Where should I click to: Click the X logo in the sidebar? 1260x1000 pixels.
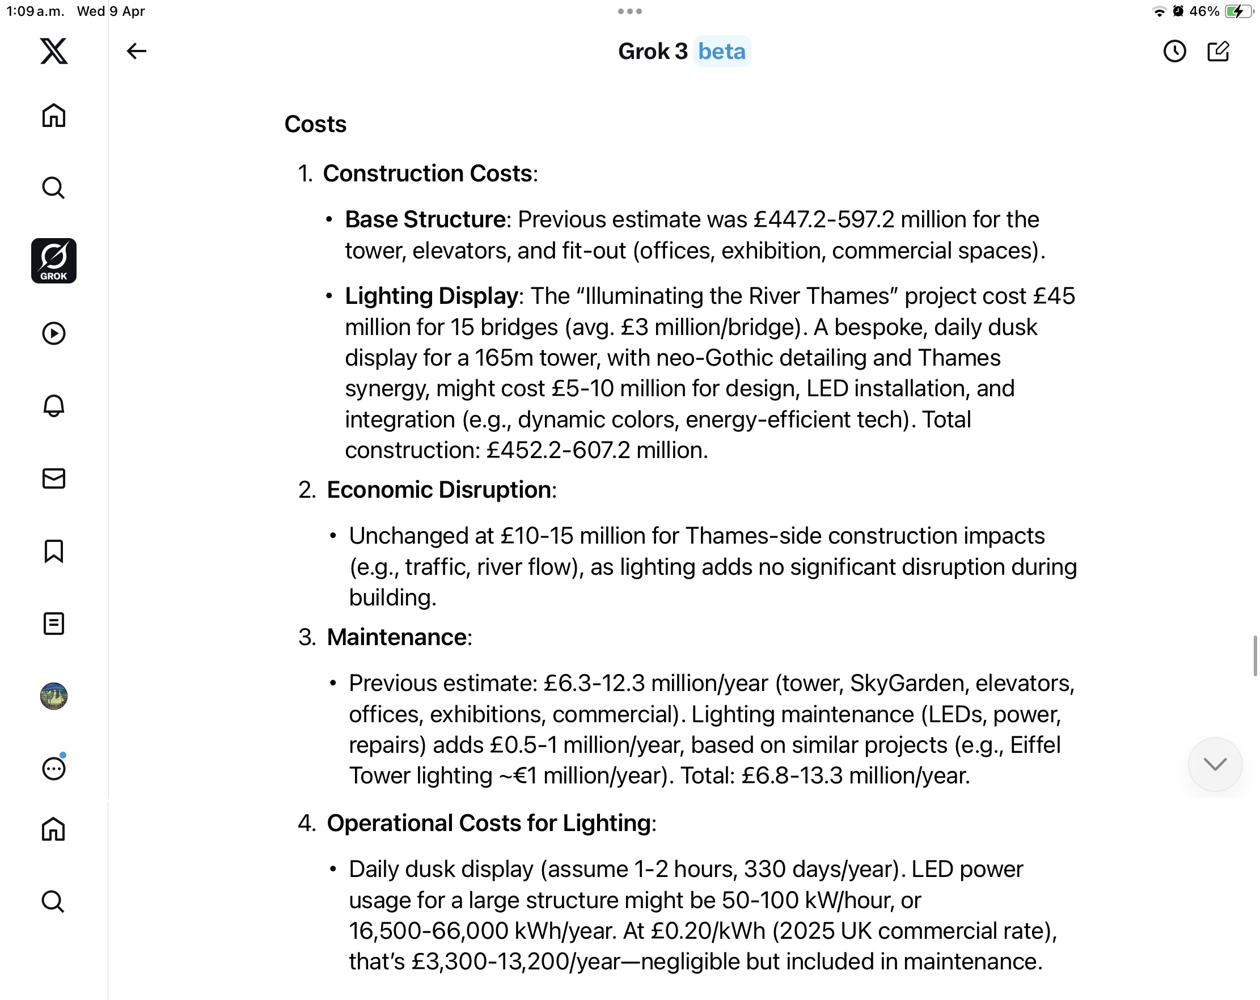tap(54, 51)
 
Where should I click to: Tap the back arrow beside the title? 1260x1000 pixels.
tap(136, 51)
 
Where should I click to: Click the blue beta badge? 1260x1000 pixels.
tap(722, 52)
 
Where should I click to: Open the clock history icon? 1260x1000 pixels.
tap(1174, 52)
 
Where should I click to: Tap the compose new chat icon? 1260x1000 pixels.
tap(1218, 52)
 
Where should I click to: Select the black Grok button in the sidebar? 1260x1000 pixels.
tap(54, 261)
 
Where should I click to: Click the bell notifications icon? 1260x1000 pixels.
tap(54, 405)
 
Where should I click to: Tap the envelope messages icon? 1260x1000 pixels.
tap(54, 478)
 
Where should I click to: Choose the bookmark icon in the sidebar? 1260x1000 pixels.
tap(54, 551)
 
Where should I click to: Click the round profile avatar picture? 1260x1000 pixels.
tap(54, 696)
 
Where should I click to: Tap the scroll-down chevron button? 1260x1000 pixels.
tap(1215, 764)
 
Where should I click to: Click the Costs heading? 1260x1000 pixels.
tap(315, 124)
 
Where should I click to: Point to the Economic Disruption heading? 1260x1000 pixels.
tap(438, 489)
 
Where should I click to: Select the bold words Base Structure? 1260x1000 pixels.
tap(425, 219)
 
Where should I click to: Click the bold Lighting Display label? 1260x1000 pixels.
tap(432, 296)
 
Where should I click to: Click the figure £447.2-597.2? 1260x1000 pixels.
tap(823, 219)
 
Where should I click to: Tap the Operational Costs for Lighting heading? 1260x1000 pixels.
tap(489, 823)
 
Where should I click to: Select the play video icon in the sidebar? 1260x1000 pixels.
tap(54, 333)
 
